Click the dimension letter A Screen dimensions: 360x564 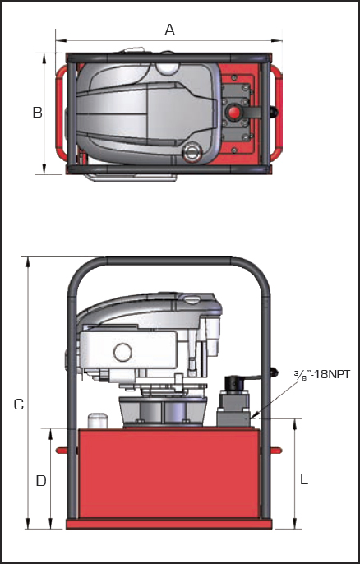(170, 29)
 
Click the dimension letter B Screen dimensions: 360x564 (38, 112)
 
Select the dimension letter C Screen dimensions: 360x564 (19, 405)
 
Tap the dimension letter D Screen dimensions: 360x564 (41, 480)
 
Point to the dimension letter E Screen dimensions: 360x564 (304, 479)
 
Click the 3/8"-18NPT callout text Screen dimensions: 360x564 (321, 375)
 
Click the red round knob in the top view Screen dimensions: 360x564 (233, 112)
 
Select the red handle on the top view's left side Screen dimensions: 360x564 (61, 112)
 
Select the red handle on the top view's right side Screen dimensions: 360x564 (276, 113)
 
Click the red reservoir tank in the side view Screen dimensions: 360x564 (168, 474)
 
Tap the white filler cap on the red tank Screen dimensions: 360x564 (98, 420)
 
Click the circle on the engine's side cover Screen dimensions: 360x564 (122, 352)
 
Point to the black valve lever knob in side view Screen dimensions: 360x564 (275, 372)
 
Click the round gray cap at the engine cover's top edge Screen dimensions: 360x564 (167, 68)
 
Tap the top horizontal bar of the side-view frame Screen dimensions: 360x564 (168, 261)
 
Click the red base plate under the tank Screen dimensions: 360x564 (168, 524)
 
